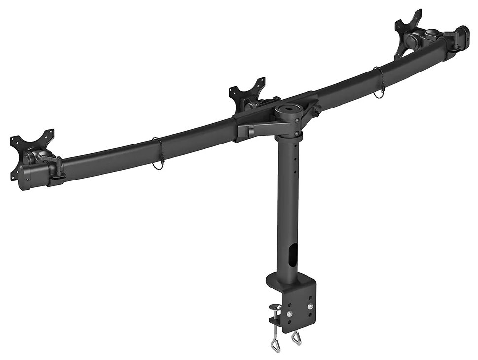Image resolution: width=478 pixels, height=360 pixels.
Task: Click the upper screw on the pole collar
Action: point(297,117)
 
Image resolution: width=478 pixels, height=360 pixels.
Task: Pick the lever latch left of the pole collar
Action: point(249,130)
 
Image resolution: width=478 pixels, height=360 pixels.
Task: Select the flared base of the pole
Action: point(286,282)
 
